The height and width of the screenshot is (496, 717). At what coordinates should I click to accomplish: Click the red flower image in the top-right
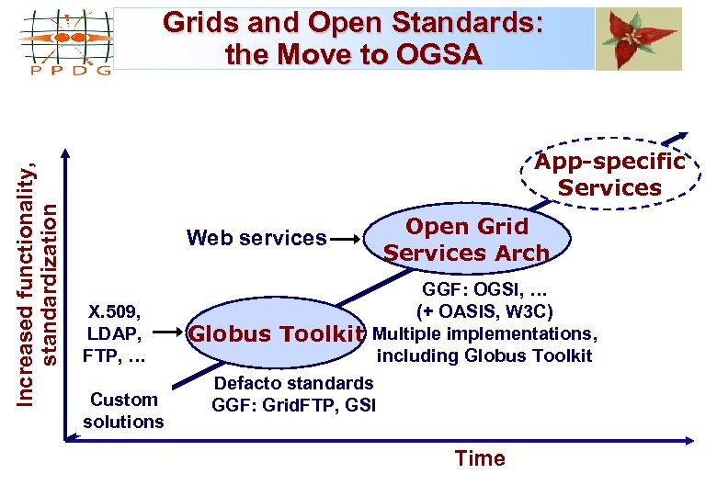[639, 38]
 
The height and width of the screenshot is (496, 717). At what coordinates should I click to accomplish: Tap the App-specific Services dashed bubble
[610, 175]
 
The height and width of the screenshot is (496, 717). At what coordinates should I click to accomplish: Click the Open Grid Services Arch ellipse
[466, 240]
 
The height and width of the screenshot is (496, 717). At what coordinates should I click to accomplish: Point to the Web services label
[256, 239]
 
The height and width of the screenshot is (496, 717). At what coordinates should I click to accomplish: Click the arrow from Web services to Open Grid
[346, 239]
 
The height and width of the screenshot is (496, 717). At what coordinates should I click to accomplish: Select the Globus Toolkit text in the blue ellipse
[278, 334]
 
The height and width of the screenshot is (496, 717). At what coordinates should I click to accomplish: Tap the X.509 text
[113, 310]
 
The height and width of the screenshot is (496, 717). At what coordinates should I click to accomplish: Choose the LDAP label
[112, 333]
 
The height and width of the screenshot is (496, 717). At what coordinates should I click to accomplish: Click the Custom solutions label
[123, 411]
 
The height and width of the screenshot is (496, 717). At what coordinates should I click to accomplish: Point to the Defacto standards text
[293, 383]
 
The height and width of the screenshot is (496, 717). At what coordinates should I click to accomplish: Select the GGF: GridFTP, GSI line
[293, 404]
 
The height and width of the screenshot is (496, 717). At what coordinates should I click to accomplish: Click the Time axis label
[480, 458]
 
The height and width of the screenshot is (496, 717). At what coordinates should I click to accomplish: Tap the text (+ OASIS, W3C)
[484, 311]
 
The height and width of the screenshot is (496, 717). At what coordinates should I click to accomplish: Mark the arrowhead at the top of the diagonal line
[681, 131]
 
